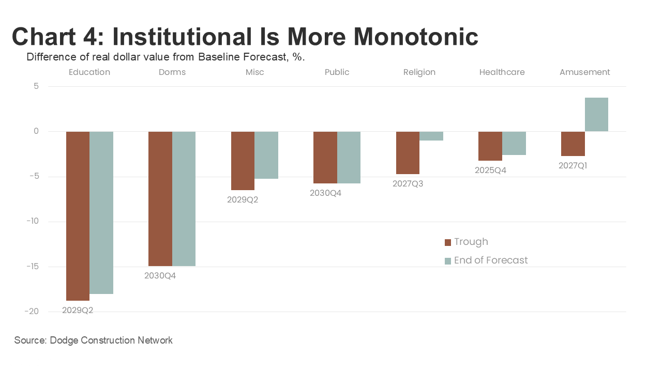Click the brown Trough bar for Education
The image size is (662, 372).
(x=78, y=216)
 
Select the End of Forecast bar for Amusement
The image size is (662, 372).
(x=596, y=115)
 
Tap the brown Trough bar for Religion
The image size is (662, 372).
(x=408, y=153)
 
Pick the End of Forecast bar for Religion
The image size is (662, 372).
(x=431, y=136)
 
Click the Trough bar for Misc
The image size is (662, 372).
(x=243, y=161)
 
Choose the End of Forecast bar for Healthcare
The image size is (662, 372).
(x=514, y=143)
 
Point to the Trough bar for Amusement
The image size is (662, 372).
(x=573, y=144)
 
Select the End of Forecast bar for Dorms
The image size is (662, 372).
(x=184, y=199)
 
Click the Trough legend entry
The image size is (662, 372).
(x=466, y=242)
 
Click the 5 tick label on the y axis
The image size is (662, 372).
(x=36, y=86)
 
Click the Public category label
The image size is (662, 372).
(x=337, y=72)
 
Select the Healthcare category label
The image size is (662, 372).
(x=502, y=72)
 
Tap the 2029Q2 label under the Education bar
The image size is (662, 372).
(x=78, y=311)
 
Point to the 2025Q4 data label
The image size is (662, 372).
(x=490, y=170)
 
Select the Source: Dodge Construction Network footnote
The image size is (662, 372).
(x=94, y=340)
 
